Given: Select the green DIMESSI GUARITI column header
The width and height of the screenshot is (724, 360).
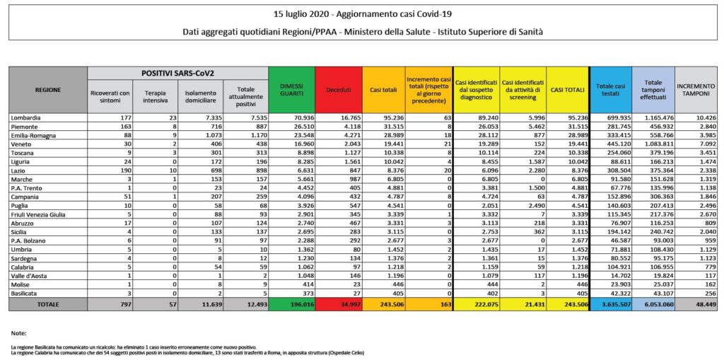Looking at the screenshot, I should point(292,88).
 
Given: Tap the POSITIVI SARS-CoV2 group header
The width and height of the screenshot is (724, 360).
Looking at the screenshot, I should point(177,73).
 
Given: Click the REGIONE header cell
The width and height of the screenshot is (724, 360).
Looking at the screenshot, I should point(47,90).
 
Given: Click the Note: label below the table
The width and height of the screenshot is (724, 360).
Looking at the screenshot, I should point(20,332).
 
